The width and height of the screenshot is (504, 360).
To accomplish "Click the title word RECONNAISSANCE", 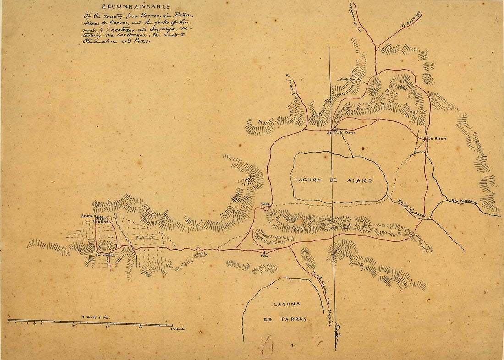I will [136, 7].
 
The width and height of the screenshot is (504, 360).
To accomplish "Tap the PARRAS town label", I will [100, 221].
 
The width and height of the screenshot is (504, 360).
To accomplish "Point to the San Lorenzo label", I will [105, 256].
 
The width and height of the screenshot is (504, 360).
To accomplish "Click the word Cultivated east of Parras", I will [146, 238].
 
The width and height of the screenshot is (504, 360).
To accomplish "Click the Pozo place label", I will [264, 256].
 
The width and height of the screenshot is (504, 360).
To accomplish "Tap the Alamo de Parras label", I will [341, 133].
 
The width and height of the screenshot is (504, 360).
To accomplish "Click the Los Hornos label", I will [437, 138].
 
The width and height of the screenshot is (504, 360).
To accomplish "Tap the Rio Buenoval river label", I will [464, 201].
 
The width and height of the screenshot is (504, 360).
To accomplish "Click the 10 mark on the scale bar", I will [73, 327].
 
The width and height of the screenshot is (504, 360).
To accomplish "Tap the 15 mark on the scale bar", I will [107, 327].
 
